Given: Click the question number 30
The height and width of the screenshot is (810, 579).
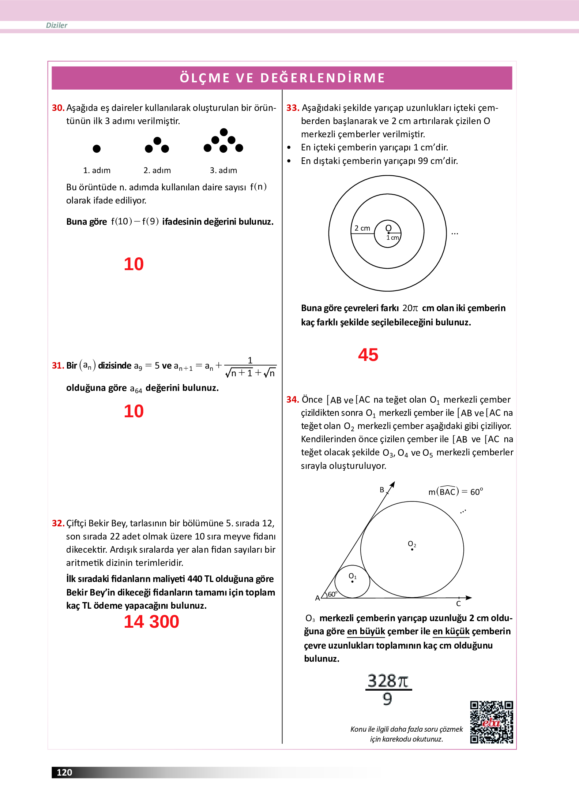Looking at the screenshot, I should [x=58, y=108].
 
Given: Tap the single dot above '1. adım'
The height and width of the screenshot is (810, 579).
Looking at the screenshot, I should [x=97, y=149].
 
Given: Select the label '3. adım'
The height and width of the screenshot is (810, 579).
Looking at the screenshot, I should [x=223, y=170].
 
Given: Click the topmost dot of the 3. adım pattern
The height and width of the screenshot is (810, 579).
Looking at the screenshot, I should [x=224, y=132].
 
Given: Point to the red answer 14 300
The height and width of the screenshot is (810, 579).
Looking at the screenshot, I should [x=151, y=622].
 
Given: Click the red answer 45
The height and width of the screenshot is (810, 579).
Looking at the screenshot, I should [x=368, y=355].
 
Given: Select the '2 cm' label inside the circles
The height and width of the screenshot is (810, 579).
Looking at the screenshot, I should [x=362, y=228].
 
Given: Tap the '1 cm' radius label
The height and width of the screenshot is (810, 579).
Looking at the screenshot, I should [x=392, y=238].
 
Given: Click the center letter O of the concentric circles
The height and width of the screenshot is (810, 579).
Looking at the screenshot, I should [x=388, y=228].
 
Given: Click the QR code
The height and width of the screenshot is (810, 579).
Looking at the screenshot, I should [x=491, y=722].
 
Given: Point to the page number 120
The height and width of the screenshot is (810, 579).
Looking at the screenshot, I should [x=64, y=772].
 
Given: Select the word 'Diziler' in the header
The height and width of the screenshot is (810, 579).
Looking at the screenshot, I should [x=57, y=25].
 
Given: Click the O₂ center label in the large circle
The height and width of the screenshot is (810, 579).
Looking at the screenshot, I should [x=412, y=544].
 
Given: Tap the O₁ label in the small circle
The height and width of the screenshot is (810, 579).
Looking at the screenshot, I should [x=352, y=576].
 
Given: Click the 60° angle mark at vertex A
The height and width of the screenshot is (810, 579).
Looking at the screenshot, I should [x=332, y=594].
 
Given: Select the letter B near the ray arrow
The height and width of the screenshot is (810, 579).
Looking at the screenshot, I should [x=382, y=490].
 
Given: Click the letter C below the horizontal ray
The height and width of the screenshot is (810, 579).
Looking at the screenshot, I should [x=458, y=604].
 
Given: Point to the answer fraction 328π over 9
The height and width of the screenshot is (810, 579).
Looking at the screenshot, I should [x=388, y=690].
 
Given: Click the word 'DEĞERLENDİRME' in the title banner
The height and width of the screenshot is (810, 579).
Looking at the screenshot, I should [x=323, y=78].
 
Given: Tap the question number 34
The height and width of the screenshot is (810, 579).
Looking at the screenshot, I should [x=292, y=400].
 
